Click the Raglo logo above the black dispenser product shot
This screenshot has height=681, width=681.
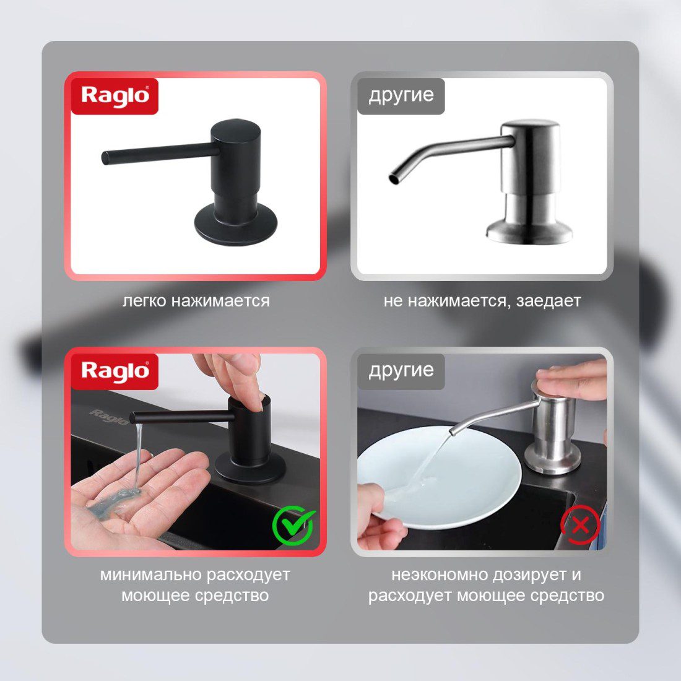click(x=115, y=96)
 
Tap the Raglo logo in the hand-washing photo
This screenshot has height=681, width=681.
click(x=115, y=371)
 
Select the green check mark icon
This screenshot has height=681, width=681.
click(x=293, y=525)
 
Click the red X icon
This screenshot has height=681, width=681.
click(x=580, y=526)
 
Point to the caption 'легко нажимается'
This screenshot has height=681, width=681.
click(x=196, y=300)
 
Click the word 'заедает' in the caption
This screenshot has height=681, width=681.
click(x=549, y=300)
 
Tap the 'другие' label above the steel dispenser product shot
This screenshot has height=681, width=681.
click(x=401, y=95)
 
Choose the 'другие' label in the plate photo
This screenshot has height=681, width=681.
click(x=401, y=371)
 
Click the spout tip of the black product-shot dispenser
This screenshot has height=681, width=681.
click(x=105, y=157)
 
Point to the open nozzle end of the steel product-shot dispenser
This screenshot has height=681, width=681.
click(x=394, y=178)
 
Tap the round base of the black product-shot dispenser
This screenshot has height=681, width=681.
click(x=235, y=226)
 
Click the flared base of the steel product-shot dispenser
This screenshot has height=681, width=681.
click(x=529, y=230)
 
